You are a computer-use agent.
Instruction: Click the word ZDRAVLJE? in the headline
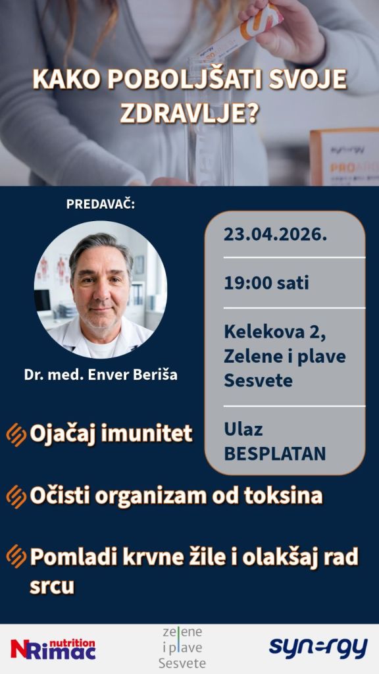coord(189,113)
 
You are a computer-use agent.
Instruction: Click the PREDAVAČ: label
coord(101,204)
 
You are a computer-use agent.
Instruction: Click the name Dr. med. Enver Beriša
coord(101,375)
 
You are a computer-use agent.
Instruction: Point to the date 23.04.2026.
coord(275,235)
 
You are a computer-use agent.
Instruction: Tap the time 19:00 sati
coord(266,284)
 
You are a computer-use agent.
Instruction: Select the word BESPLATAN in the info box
coord(274,454)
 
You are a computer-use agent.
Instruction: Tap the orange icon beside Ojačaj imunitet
coord(16,434)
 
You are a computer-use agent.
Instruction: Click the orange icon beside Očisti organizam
coord(16,497)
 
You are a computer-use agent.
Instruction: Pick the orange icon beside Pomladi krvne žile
coord(16,556)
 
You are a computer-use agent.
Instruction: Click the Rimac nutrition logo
coord(53,648)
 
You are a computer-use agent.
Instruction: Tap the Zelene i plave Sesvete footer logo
coord(182,648)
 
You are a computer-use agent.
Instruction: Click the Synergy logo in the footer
coord(318,648)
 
